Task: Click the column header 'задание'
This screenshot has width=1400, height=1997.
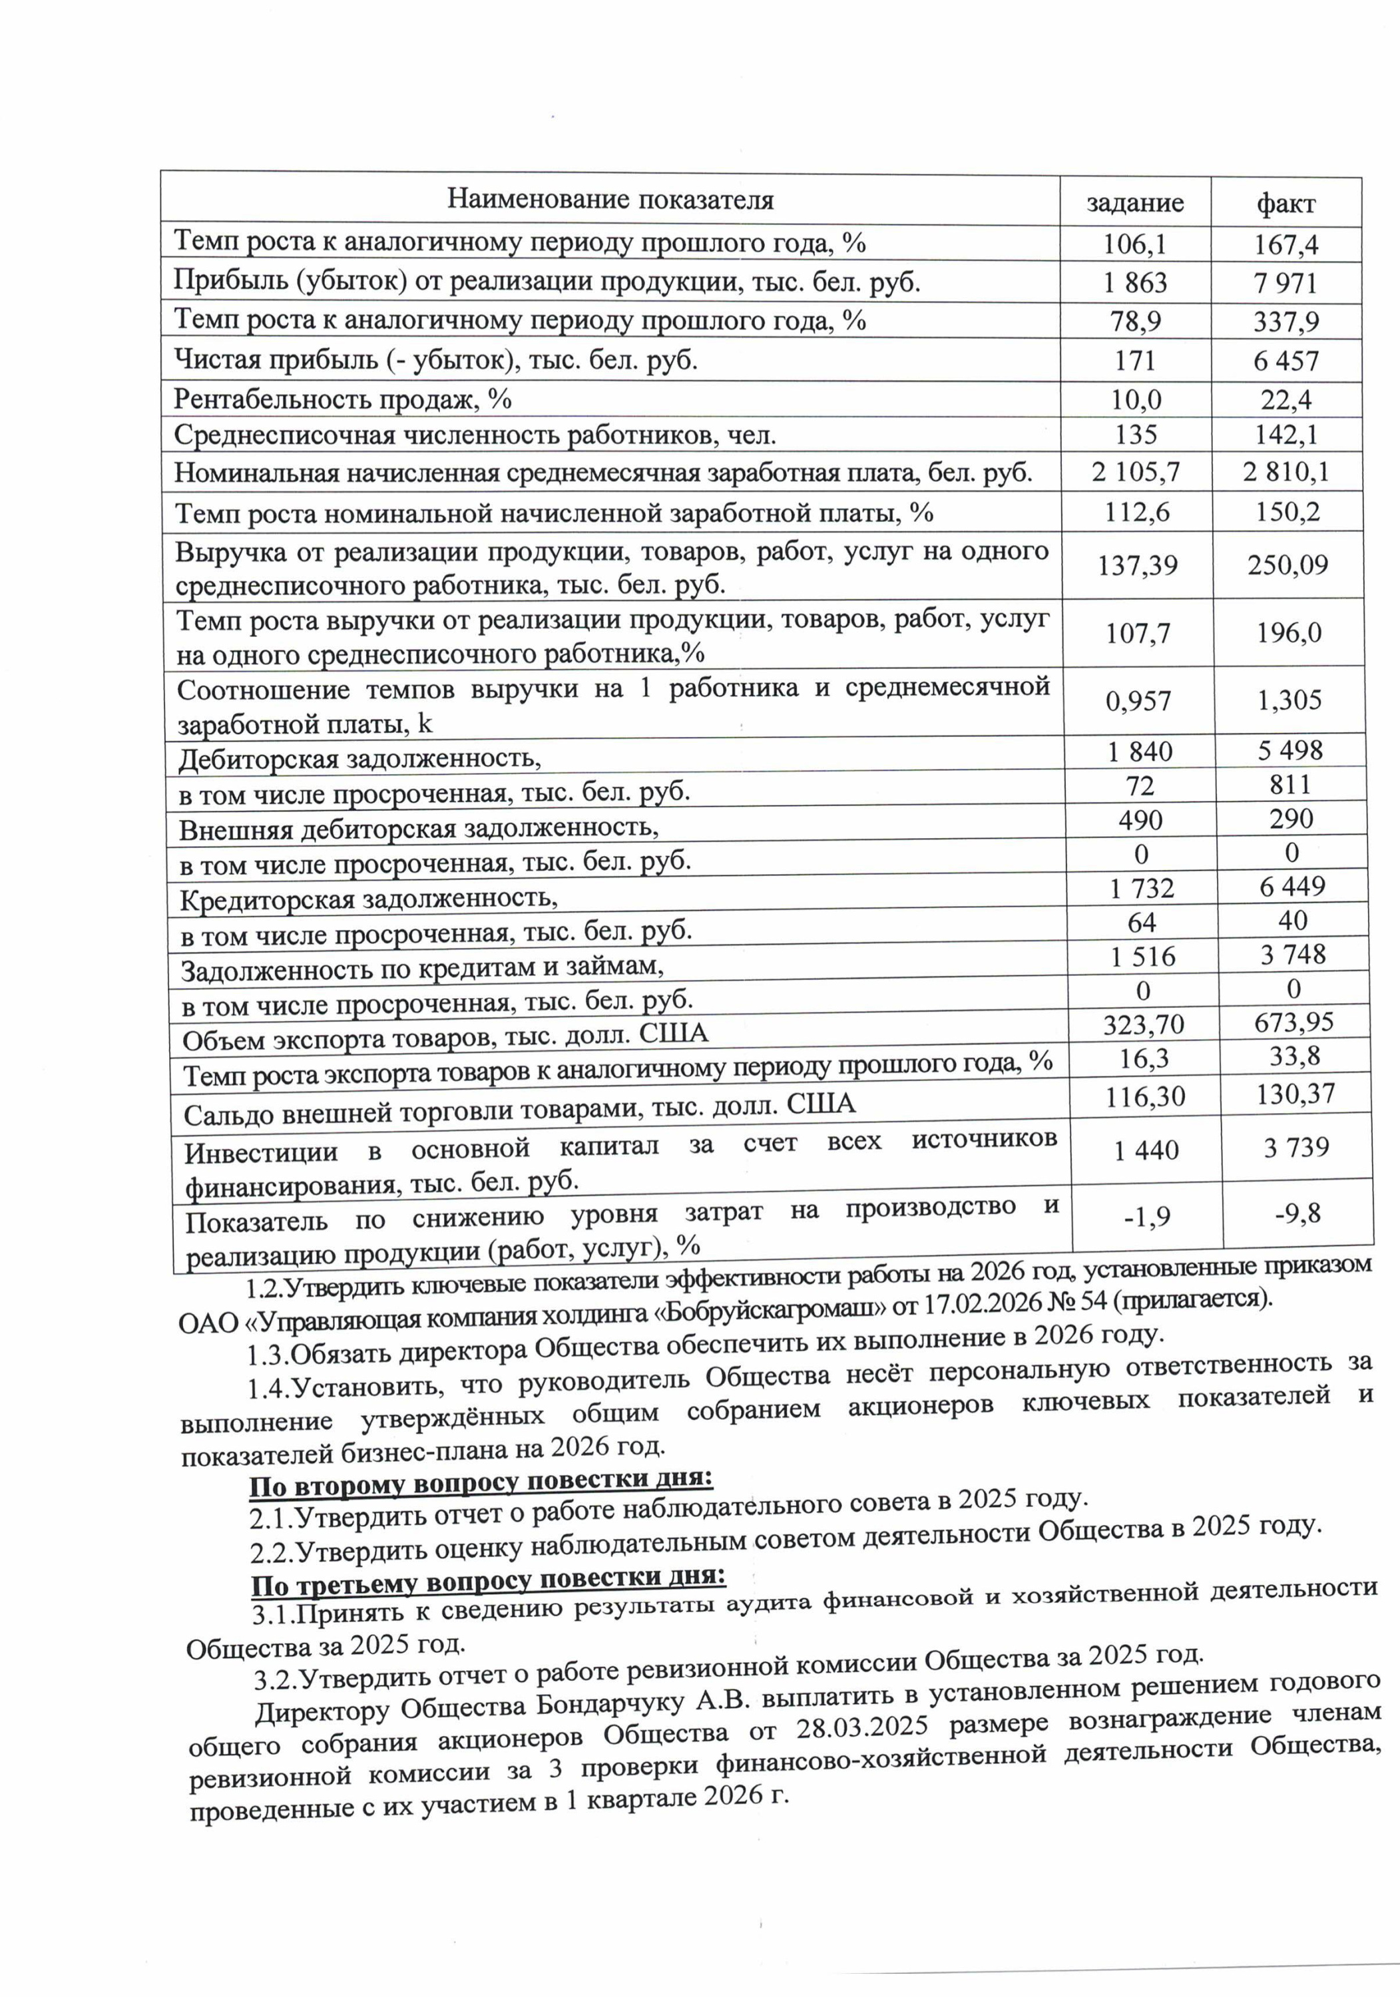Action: pyautogui.click(x=1134, y=202)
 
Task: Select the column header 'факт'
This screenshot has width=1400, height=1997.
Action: pyautogui.click(x=1285, y=204)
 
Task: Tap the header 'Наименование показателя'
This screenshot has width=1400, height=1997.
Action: pyautogui.click(x=610, y=199)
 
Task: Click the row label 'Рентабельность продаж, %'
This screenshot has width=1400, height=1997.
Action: pyautogui.click(x=343, y=399)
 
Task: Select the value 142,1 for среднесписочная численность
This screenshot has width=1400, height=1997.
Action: pyautogui.click(x=1286, y=434)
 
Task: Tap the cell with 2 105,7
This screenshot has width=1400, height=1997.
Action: pyautogui.click(x=1136, y=472)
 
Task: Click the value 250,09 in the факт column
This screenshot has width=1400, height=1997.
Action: pyautogui.click(x=1287, y=565)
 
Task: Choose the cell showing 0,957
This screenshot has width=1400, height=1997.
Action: pyautogui.click(x=1138, y=701)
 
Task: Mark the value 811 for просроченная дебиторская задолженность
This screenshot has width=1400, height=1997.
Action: pyautogui.click(x=1289, y=785)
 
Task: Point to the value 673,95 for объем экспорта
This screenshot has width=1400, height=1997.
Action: pyautogui.click(x=1293, y=1022)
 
